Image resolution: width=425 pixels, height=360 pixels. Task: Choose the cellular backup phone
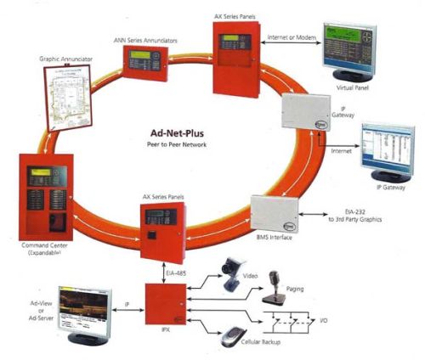(x=231, y=336)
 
